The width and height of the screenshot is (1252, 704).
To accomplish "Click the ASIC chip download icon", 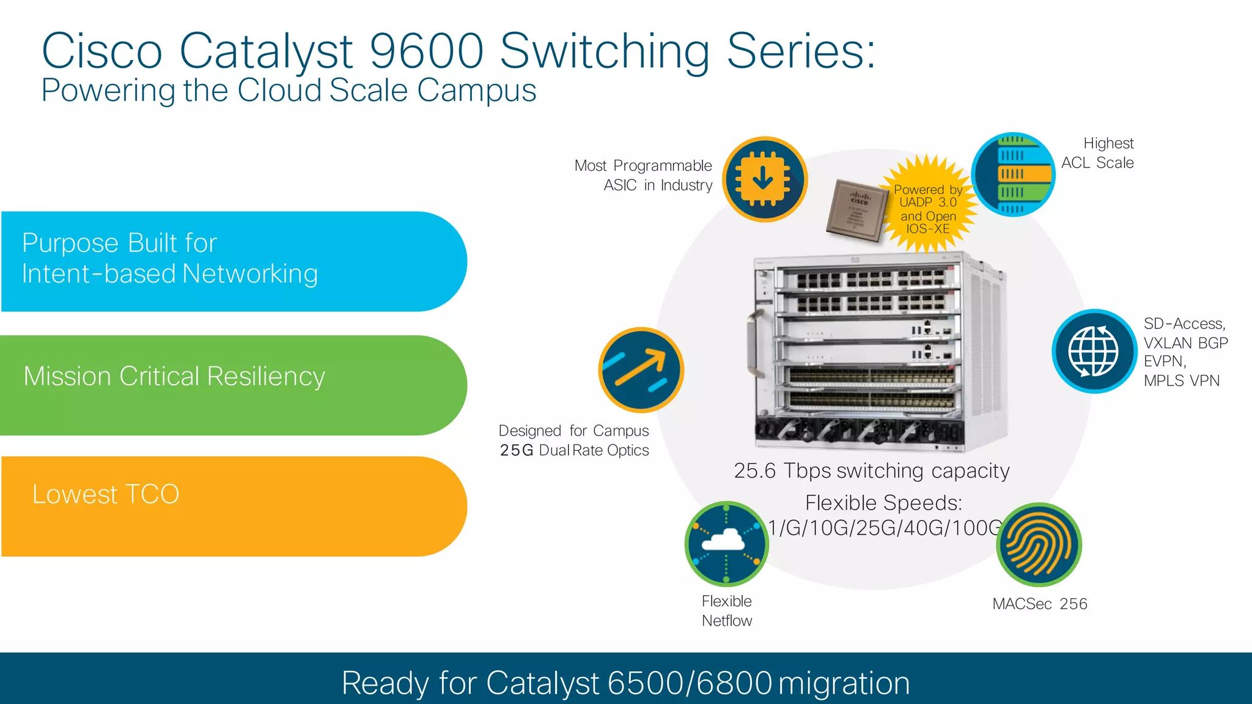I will pyautogui.click(x=765, y=179).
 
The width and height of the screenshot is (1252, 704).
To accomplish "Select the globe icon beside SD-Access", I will pyautogui.click(x=1094, y=351).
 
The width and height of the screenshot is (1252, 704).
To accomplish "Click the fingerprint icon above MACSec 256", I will pyautogui.click(x=1039, y=544).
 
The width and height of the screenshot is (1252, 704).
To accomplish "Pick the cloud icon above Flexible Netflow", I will pyautogui.click(x=726, y=543).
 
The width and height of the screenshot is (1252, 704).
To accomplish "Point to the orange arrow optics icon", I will pyautogui.click(x=641, y=369).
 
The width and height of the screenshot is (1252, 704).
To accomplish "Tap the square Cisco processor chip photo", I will pyautogui.click(x=856, y=209).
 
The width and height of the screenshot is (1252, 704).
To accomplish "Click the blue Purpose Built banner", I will pyautogui.click(x=232, y=261).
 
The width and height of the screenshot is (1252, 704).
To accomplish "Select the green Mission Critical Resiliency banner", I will pyautogui.click(x=232, y=385).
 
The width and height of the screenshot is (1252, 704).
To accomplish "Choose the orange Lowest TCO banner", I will pyautogui.click(x=232, y=506).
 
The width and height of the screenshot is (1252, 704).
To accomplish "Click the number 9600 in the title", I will pyautogui.click(x=426, y=51).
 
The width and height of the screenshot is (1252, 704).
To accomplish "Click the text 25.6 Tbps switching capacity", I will pyautogui.click(x=872, y=470).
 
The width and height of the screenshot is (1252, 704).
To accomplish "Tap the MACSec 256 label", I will pyautogui.click(x=1040, y=604).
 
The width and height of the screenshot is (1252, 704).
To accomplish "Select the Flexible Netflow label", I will pyautogui.click(x=727, y=610).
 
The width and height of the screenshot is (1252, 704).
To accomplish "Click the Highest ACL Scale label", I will pyautogui.click(x=1098, y=153).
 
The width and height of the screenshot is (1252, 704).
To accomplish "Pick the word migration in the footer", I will pyautogui.click(x=844, y=683).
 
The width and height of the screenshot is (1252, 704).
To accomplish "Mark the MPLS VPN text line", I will pyautogui.click(x=1182, y=380).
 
